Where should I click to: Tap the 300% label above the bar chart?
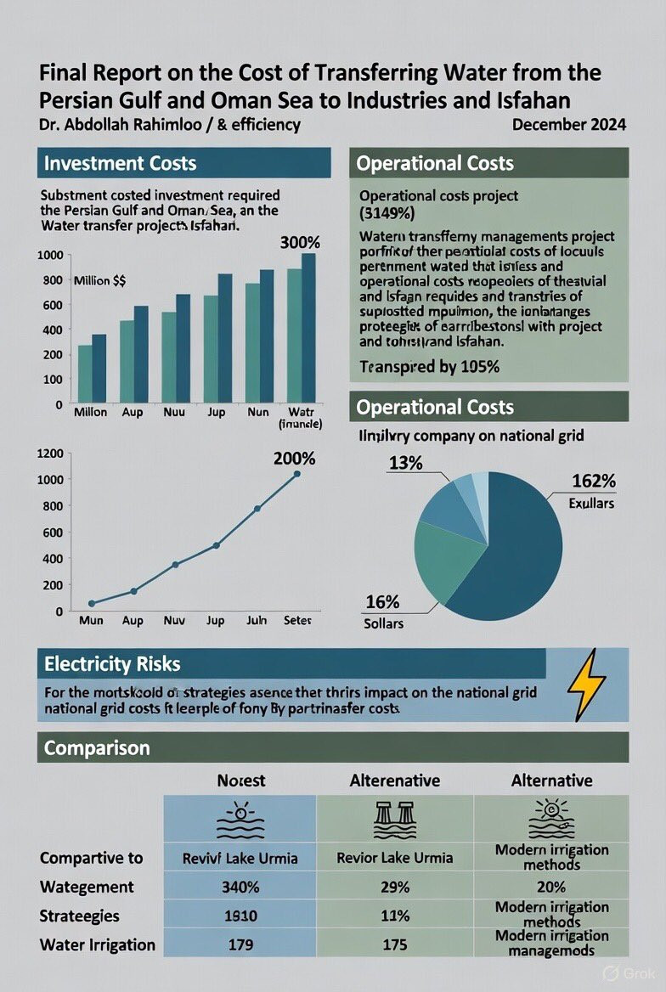pos(297,242)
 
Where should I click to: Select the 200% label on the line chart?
pos(294,459)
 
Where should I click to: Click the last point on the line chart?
pos(296,474)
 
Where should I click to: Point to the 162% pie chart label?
pos(594,482)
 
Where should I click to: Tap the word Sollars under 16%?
pos(384,623)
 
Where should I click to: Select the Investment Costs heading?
pos(120,163)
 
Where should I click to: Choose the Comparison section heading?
pos(97,747)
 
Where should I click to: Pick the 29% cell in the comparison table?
pos(395,887)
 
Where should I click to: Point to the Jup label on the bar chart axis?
pos(216,412)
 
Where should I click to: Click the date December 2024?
pos(569,125)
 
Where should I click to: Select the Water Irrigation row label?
pos(98,944)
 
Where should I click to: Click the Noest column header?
pos(240,780)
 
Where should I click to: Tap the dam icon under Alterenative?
pos(393,820)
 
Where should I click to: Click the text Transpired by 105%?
pos(429,368)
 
